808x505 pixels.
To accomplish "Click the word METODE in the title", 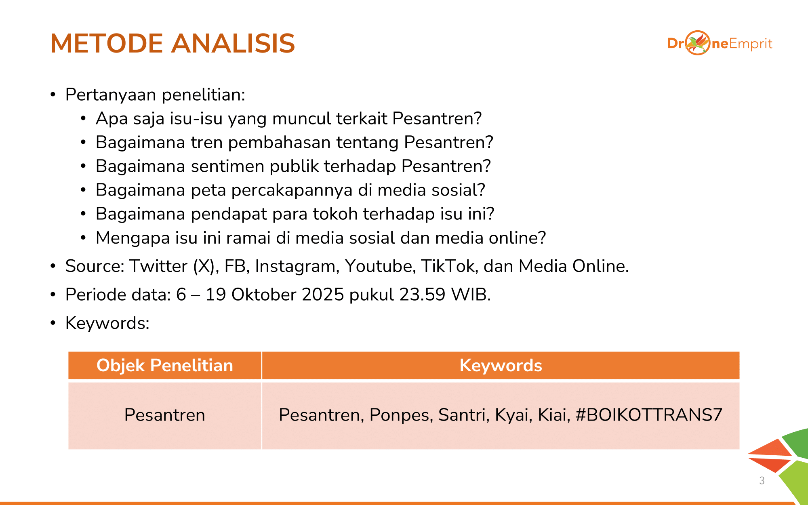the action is [x=107, y=43].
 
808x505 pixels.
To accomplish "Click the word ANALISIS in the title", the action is [x=234, y=43].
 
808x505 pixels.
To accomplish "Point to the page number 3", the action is [x=762, y=480].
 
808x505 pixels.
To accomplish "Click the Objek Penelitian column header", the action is [x=165, y=365].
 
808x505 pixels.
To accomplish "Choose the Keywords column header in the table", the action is [x=501, y=365].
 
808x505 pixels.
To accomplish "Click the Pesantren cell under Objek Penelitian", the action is [x=165, y=415].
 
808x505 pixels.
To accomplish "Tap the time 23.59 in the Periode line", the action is [x=422, y=295].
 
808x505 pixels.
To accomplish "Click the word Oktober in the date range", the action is [x=264, y=295].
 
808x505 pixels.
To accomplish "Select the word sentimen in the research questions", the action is [x=227, y=166].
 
